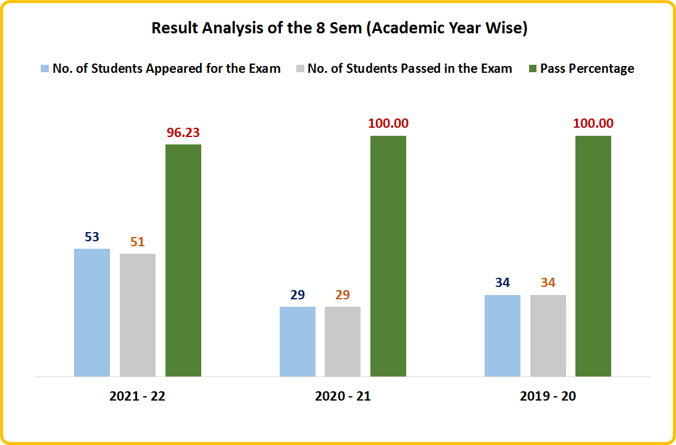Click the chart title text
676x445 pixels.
pyautogui.click(x=339, y=29)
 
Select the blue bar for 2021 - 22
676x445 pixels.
pyautogui.click(x=92, y=312)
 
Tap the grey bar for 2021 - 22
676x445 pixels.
pyautogui.click(x=138, y=315)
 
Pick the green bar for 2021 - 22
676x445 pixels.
pyautogui.click(x=183, y=260)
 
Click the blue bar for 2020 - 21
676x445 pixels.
pyautogui.click(x=298, y=341)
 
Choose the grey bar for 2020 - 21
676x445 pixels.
pyautogui.click(x=343, y=341)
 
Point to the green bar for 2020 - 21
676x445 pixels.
pyautogui.click(x=388, y=256)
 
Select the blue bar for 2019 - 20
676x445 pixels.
pyautogui.click(x=503, y=335)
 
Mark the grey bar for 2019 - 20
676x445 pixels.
pyautogui.click(x=548, y=335)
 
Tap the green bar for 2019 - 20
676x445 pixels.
pyautogui.click(x=593, y=256)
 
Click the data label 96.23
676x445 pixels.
pyautogui.click(x=183, y=132)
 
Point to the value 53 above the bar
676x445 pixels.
pyautogui.click(x=92, y=237)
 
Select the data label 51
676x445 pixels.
pyautogui.click(x=138, y=241)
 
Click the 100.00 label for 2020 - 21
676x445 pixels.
pyautogui.click(x=388, y=123)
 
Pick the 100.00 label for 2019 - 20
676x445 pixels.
pyautogui.click(x=593, y=123)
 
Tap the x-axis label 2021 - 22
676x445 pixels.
pyautogui.click(x=137, y=396)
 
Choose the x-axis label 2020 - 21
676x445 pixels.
pyautogui.click(x=343, y=396)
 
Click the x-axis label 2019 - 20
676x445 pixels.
pyautogui.click(x=548, y=396)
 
